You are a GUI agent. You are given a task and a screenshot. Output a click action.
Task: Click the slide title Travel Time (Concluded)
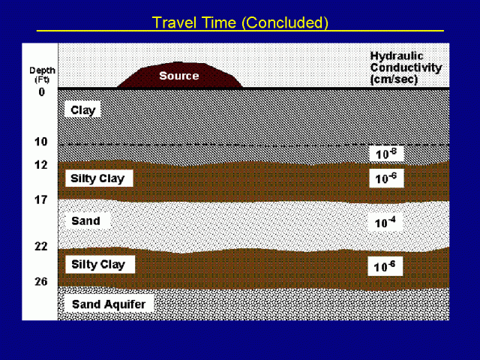[x=240, y=22]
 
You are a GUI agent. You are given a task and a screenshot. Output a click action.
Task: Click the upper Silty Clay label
[x=97, y=179]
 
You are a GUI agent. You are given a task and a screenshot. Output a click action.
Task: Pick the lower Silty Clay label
[x=97, y=264]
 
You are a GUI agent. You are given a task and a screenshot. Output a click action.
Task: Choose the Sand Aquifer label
[x=108, y=304]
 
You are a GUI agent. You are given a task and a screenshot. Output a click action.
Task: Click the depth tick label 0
[x=42, y=91]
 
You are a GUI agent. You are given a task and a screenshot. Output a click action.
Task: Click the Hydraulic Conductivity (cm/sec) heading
[x=406, y=67]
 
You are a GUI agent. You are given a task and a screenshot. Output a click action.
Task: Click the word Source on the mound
[x=179, y=75]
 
